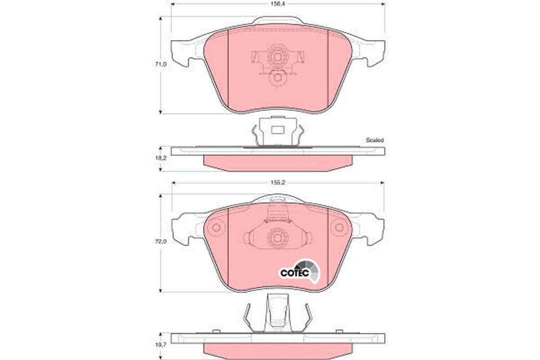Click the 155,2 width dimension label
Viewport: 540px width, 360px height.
(x=278, y=182)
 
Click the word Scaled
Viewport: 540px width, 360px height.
(x=374, y=140)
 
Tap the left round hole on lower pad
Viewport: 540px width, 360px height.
(x=216, y=227)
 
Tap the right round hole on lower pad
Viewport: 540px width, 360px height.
(x=339, y=227)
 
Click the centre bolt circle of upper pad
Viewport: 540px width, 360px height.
(x=277, y=57)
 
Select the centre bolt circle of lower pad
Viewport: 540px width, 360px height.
(x=277, y=238)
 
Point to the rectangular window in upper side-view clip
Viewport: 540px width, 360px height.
(x=277, y=129)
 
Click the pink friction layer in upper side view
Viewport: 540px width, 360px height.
(x=277, y=162)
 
